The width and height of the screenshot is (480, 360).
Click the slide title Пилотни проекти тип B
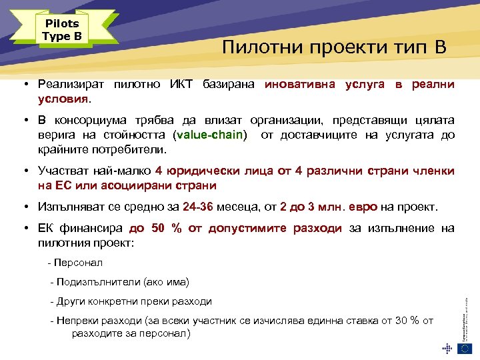pos(334,48)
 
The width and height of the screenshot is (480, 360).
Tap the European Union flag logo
pos(465,347)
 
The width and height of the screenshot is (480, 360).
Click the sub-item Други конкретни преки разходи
pos(134,301)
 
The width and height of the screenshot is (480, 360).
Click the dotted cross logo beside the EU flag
pos(447,347)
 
